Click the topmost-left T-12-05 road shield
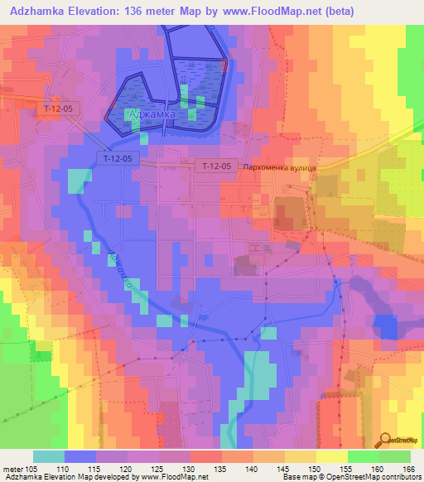[59, 108]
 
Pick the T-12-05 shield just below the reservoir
[114, 157]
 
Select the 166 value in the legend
[407, 469]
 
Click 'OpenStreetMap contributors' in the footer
[378, 478]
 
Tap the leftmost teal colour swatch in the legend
[49, 456]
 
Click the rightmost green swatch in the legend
[395, 456]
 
